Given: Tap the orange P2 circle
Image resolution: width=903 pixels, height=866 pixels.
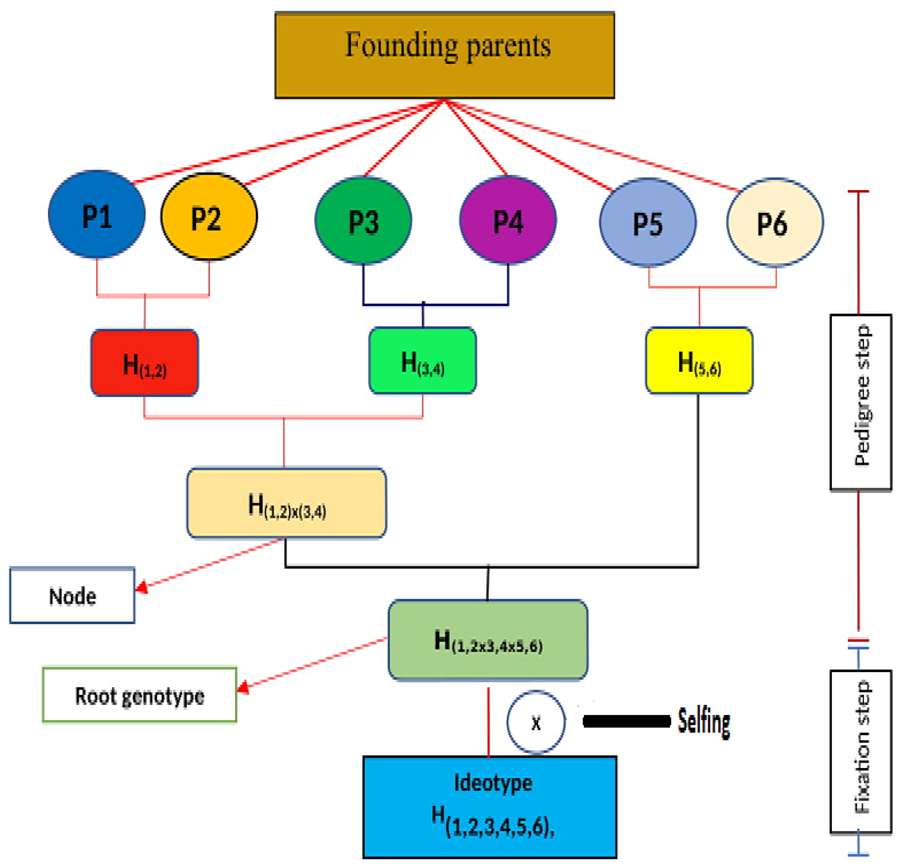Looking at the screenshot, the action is point(209,216).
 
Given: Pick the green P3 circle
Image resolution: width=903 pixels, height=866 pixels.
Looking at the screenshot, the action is point(363,220).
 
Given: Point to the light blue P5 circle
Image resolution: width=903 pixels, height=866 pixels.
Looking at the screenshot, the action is point(648,222).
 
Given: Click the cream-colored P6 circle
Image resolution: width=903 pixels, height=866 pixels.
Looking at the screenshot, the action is point(775,222).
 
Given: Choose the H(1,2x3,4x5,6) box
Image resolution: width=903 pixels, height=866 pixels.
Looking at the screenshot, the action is point(488,640).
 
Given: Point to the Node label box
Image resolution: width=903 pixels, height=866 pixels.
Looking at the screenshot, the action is point(72,595).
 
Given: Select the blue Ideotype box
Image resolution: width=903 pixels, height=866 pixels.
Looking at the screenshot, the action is point(490,807).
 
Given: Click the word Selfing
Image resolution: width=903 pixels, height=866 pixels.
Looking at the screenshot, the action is point(704,722).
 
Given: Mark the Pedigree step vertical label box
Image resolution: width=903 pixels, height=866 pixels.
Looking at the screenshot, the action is point(861,402).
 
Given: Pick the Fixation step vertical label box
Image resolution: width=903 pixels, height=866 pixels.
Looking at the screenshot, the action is point(861,752).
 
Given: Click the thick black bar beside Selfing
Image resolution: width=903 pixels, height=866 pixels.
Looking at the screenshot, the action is point(627,721).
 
